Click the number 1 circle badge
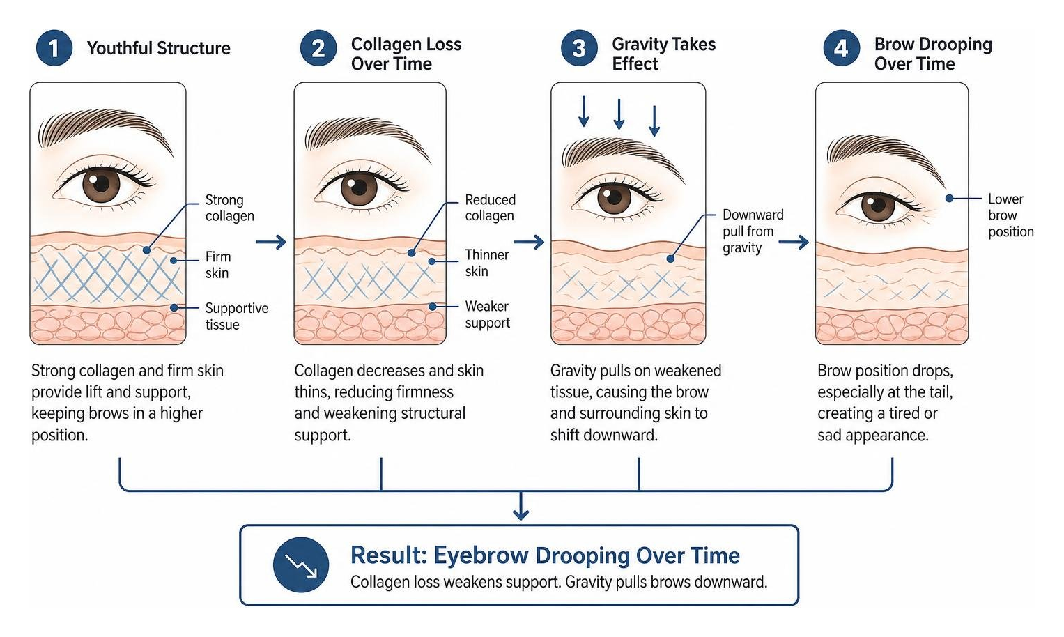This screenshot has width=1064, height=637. pos(54,48)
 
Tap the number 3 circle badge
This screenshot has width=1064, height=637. pos(578,48)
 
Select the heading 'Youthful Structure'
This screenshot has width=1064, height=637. pos(159,48)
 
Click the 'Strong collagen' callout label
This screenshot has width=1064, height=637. pos(229,208)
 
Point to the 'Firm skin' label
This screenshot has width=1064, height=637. pos(218,265)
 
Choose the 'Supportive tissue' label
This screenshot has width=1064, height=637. pos(236,316)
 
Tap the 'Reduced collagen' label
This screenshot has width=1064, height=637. pos(491,208)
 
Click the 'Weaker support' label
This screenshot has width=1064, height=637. pos(487,314)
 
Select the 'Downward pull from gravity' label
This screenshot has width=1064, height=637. pos(753,231)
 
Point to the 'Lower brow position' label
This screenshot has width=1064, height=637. pos(1011,215)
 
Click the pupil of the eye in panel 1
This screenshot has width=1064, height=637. pos(101,183)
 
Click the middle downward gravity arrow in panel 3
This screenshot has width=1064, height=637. pos(619,114)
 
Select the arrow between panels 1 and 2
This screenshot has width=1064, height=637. pos(271,242)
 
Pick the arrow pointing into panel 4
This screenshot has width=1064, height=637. pos(793,243)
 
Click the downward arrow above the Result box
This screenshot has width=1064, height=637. pos(521,505)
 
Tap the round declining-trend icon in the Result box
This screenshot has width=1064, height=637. pos(301,565)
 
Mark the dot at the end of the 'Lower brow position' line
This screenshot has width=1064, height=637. pos(949,198)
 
